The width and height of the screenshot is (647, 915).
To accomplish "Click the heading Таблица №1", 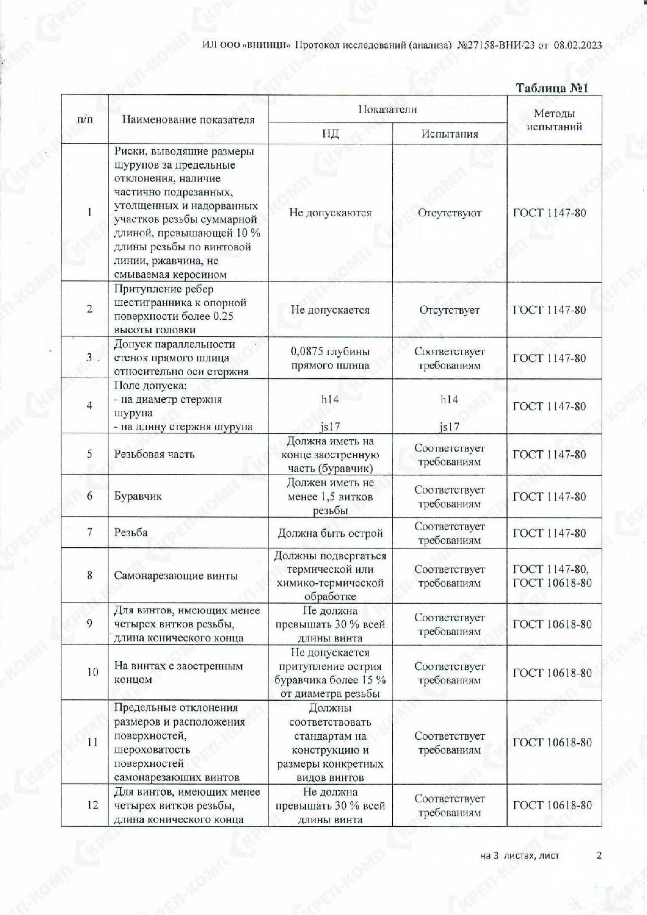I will (x=552, y=88).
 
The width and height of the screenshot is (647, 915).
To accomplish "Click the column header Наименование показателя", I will (x=188, y=120).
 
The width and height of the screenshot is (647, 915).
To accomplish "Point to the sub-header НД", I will (x=330, y=133).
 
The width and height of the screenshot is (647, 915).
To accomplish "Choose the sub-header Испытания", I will (x=449, y=133).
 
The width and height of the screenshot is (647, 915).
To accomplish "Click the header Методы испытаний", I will (x=554, y=120).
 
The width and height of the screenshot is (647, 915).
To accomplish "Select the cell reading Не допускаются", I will (x=330, y=213).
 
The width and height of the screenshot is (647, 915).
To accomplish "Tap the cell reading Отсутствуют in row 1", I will (x=449, y=213).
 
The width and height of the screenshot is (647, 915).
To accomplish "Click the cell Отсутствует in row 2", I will (x=449, y=310).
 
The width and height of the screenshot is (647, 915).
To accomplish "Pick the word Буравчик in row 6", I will (x=138, y=496).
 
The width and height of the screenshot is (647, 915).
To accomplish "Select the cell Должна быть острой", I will (x=330, y=533).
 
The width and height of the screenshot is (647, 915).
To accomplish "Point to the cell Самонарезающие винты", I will (x=176, y=575).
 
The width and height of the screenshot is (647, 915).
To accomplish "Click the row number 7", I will (x=90, y=532).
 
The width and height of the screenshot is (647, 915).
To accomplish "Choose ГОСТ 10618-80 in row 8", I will (x=552, y=583).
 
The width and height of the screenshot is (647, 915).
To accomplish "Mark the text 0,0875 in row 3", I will (x=307, y=352).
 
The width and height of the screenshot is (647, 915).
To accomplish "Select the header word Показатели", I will (x=387, y=109).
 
